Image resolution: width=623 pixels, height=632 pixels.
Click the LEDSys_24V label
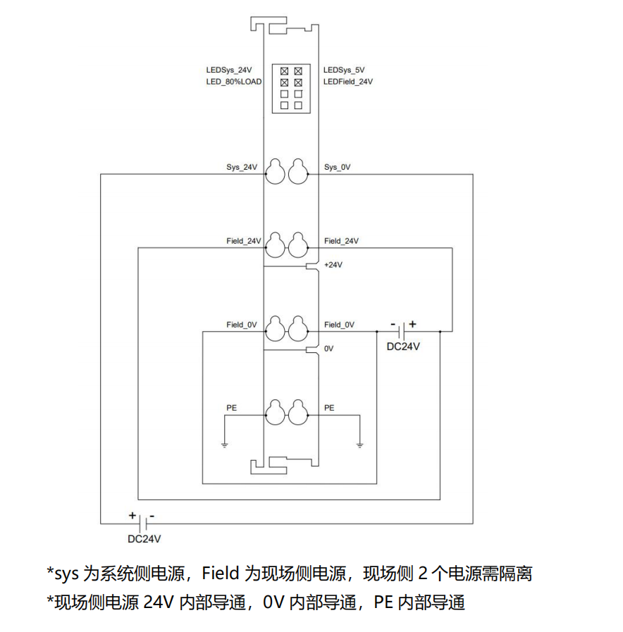pyautogui.click(x=228, y=70)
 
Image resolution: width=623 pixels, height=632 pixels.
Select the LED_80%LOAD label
pyautogui.click(x=233, y=82)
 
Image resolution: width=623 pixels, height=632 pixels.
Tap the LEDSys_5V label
pyautogui.click(x=344, y=70)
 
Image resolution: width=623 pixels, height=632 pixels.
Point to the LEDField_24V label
pyautogui.click(x=348, y=82)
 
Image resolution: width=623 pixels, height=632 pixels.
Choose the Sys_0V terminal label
pyautogui.click(x=338, y=168)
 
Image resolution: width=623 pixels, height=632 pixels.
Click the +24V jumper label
pyautogui.click(x=333, y=265)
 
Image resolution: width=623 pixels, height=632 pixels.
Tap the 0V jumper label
pyautogui.click(x=328, y=349)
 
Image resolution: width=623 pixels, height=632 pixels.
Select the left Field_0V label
pyautogui.click(x=242, y=325)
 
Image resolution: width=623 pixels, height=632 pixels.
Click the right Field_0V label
pyautogui.click(x=339, y=325)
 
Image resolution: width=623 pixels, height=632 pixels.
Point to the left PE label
pyautogui.click(x=231, y=408)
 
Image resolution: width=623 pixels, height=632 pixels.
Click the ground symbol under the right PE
pyautogui.click(x=359, y=445)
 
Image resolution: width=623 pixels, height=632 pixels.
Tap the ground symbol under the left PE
pyautogui.click(x=224, y=445)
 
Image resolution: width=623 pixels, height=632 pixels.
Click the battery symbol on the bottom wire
pyautogui.click(x=143, y=523)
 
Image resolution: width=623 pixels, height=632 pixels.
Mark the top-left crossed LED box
pyautogui.click(x=285, y=71)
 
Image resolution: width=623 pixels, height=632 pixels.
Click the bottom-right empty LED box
pyautogui.click(x=298, y=105)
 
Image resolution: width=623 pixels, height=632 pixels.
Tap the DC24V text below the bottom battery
pyautogui.click(x=144, y=539)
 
